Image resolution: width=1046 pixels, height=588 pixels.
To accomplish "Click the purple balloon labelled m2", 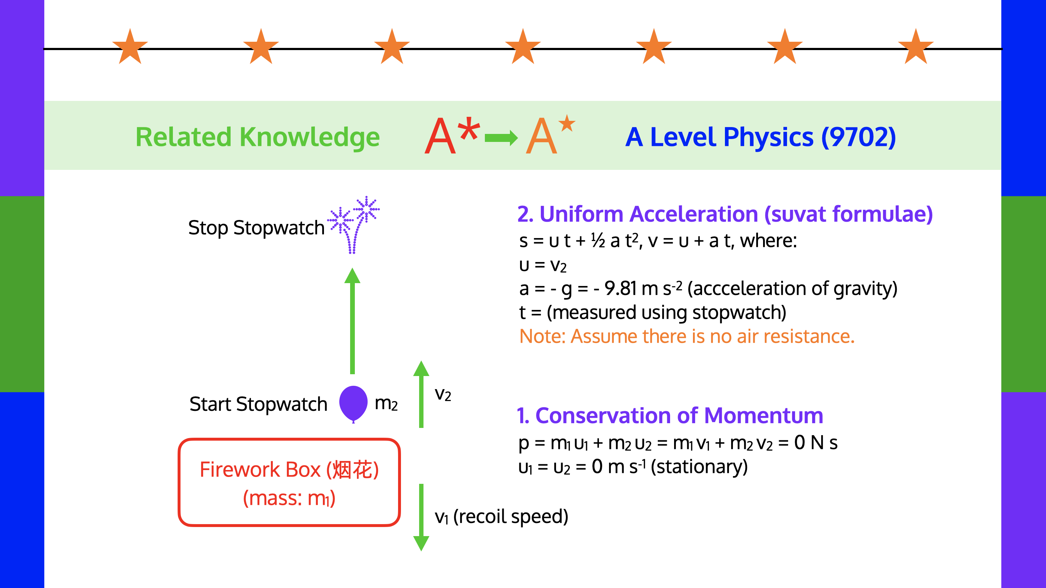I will tap(353, 403).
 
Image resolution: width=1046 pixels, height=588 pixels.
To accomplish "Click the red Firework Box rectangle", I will tap(289, 482).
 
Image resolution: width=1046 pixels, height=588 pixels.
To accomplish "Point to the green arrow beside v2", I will tap(421, 394).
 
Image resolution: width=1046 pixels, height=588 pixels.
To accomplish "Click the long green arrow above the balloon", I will tap(352, 320).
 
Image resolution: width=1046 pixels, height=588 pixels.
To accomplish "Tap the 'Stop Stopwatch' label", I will tap(256, 228).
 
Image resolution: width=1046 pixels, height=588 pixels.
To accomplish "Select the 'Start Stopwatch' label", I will tap(258, 404).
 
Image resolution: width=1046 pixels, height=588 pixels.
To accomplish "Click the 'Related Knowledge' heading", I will tap(258, 137).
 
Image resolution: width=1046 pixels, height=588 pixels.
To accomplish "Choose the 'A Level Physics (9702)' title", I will tap(760, 137).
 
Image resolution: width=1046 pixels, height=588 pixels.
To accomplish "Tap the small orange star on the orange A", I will tap(567, 123).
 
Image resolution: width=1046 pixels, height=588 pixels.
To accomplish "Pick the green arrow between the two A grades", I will tap(501, 138).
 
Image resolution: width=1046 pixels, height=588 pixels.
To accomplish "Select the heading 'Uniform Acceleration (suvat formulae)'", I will tap(725, 214).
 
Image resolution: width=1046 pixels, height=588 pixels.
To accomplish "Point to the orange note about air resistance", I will tap(687, 336).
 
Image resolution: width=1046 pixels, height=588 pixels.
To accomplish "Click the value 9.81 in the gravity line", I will tap(620, 289).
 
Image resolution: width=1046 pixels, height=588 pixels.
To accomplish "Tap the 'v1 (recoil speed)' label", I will tap(501, 516).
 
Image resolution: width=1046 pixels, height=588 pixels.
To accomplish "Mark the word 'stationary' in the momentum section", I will tap(699, 467).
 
